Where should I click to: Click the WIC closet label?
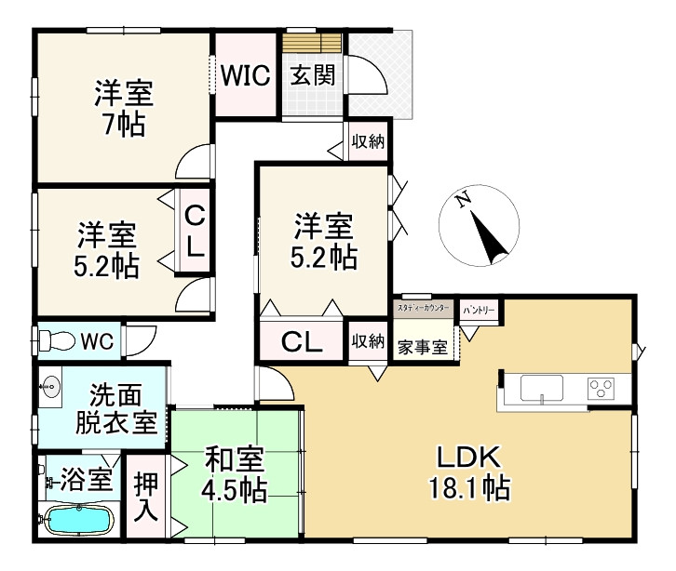point(246,74)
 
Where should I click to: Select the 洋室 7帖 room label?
point(123,108)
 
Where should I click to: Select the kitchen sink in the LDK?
point(546,387)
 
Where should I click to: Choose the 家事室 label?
point(422,348)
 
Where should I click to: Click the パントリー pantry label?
point(479,309)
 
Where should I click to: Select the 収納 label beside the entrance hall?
point(368,142)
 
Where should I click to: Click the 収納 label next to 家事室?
point(368,341)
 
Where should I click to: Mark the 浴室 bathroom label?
point(87,480)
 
